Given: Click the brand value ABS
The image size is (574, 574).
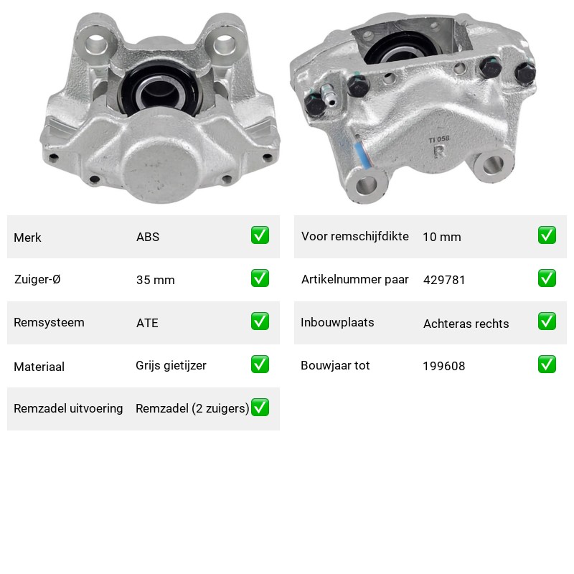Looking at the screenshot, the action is (x=148, y=237).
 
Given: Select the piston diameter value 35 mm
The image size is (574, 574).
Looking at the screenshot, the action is (x=155, y=280).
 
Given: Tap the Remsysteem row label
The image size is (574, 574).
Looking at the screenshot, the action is (x=49, y=322).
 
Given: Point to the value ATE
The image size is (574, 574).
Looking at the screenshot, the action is (x=147, y=323).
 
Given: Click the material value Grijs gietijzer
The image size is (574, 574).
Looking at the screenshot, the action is (x=171, y=366).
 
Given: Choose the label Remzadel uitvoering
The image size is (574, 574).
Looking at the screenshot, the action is (x=68, y=408).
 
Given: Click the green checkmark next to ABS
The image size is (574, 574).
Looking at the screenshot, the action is (x=260, y=235).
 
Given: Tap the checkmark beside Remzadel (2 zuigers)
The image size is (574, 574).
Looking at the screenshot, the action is (x=260, y=408).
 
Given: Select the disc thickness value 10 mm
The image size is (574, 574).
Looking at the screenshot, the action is (x=442, y=237).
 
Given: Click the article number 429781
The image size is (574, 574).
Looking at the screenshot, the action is (x=444, y=280).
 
